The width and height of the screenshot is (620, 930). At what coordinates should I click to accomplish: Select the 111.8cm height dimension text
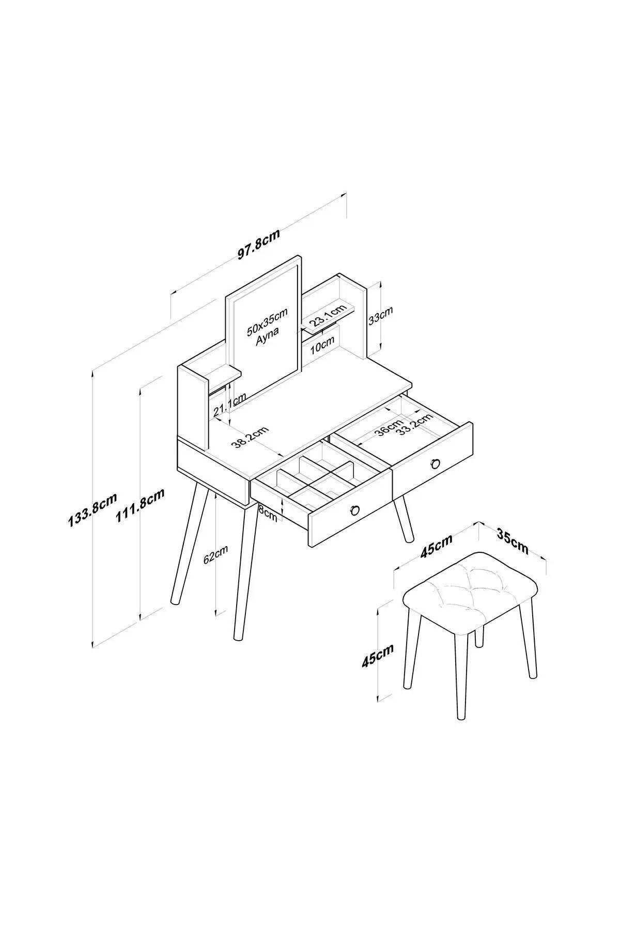coord(139,506)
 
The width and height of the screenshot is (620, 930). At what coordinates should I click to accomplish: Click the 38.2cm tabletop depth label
coord(251,437)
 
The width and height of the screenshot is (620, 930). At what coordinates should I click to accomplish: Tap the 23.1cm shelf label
coord(327,315)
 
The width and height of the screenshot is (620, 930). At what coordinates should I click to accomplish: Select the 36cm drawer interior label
coord(389,427)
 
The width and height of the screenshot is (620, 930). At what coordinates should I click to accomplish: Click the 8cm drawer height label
coord(267,513)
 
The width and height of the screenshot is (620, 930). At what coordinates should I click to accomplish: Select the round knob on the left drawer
coord(354,510)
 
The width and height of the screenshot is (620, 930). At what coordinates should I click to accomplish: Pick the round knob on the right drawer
coord(436,463)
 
